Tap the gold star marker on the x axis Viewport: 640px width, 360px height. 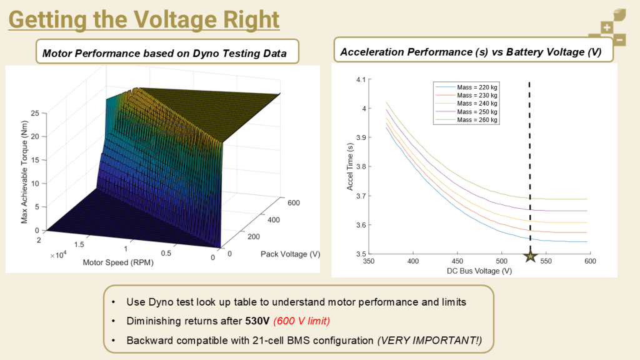[530, 256]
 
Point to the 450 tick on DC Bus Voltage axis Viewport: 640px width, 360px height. [457, 262]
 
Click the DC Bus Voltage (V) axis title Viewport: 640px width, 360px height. [479, 271]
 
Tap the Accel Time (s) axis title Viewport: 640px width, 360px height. [351, 167]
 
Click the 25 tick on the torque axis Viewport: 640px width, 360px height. [34, 113]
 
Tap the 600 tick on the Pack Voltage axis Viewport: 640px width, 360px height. [292, 202]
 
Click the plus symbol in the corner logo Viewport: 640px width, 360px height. [606, 27]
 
